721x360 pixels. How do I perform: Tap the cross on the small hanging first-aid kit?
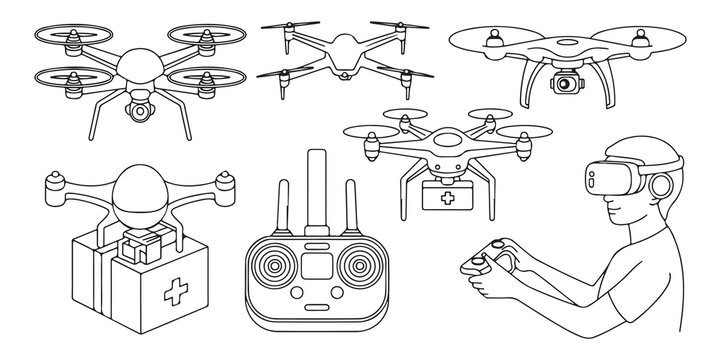[437, 199]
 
